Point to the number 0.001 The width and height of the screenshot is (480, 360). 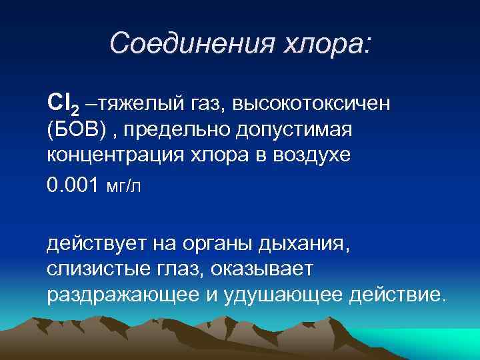coord(74,184)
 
